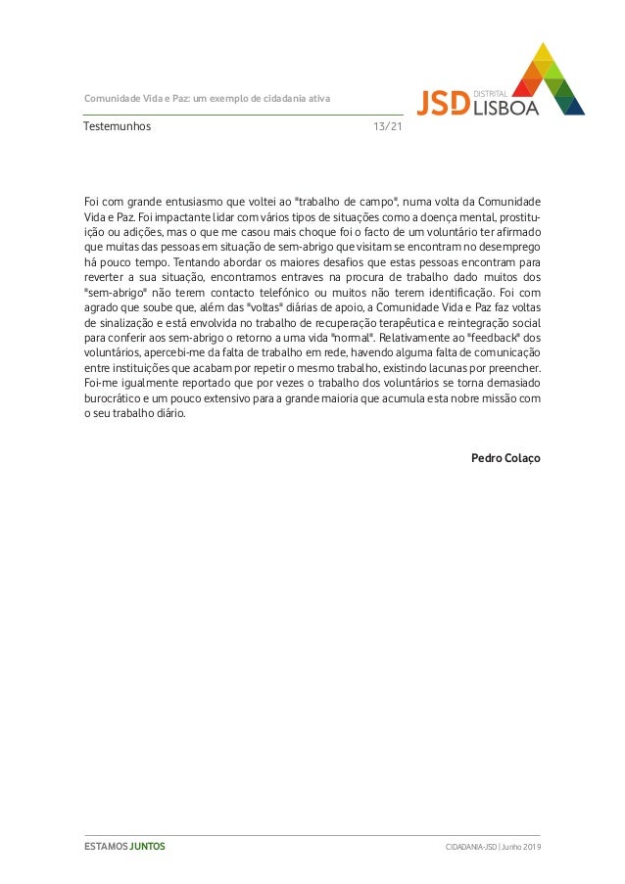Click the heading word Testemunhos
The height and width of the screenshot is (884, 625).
(118, 127)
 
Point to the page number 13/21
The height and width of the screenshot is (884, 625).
(388, 127)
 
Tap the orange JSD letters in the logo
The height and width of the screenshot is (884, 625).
(443, 103)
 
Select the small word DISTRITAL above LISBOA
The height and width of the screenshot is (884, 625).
(490, 92)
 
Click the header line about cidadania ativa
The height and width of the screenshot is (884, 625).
(207, 99)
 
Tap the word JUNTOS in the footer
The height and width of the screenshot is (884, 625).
(148, 846)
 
